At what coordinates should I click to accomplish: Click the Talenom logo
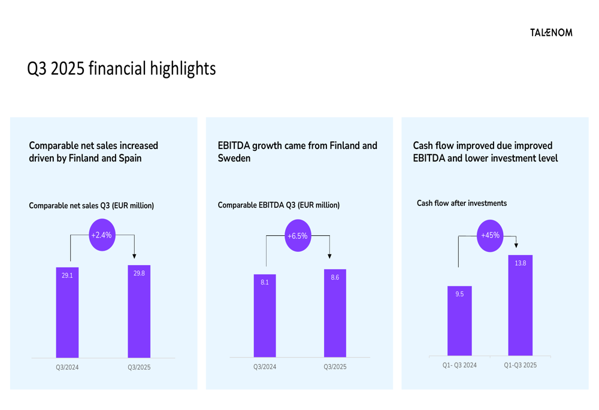[x=551, y=32]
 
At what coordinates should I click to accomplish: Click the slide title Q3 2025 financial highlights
[x=122, y=68]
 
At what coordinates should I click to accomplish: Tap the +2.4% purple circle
[x=102, y=235]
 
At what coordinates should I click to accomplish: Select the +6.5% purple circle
[x=298, y=236]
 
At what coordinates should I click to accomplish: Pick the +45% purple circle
[x=490, y=235]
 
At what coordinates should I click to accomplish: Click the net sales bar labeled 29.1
[x=67, y=314]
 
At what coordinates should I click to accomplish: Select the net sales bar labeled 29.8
[x=139, y=312]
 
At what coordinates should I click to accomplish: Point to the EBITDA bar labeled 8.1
[x=265, y=317]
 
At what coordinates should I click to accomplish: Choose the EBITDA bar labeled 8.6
[x=335, y=314]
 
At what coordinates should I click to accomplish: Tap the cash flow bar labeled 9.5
[x=459, y=322]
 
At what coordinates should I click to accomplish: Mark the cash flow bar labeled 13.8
[x=520, y=306]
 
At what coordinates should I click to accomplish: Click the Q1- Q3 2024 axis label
[x=459, y=365]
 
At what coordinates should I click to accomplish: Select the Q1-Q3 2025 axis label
[x=520, y=365]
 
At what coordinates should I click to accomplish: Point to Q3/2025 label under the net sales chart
[x=139, y=367]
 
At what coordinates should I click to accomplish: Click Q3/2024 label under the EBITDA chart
[x=265, y=366]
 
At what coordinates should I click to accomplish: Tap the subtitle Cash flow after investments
[x=462, y=203]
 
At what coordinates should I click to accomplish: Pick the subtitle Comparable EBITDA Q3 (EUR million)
[x=279, y=205]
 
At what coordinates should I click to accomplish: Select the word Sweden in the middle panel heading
[x=234, y=159]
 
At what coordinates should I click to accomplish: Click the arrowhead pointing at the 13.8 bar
[x=516, y=245]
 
